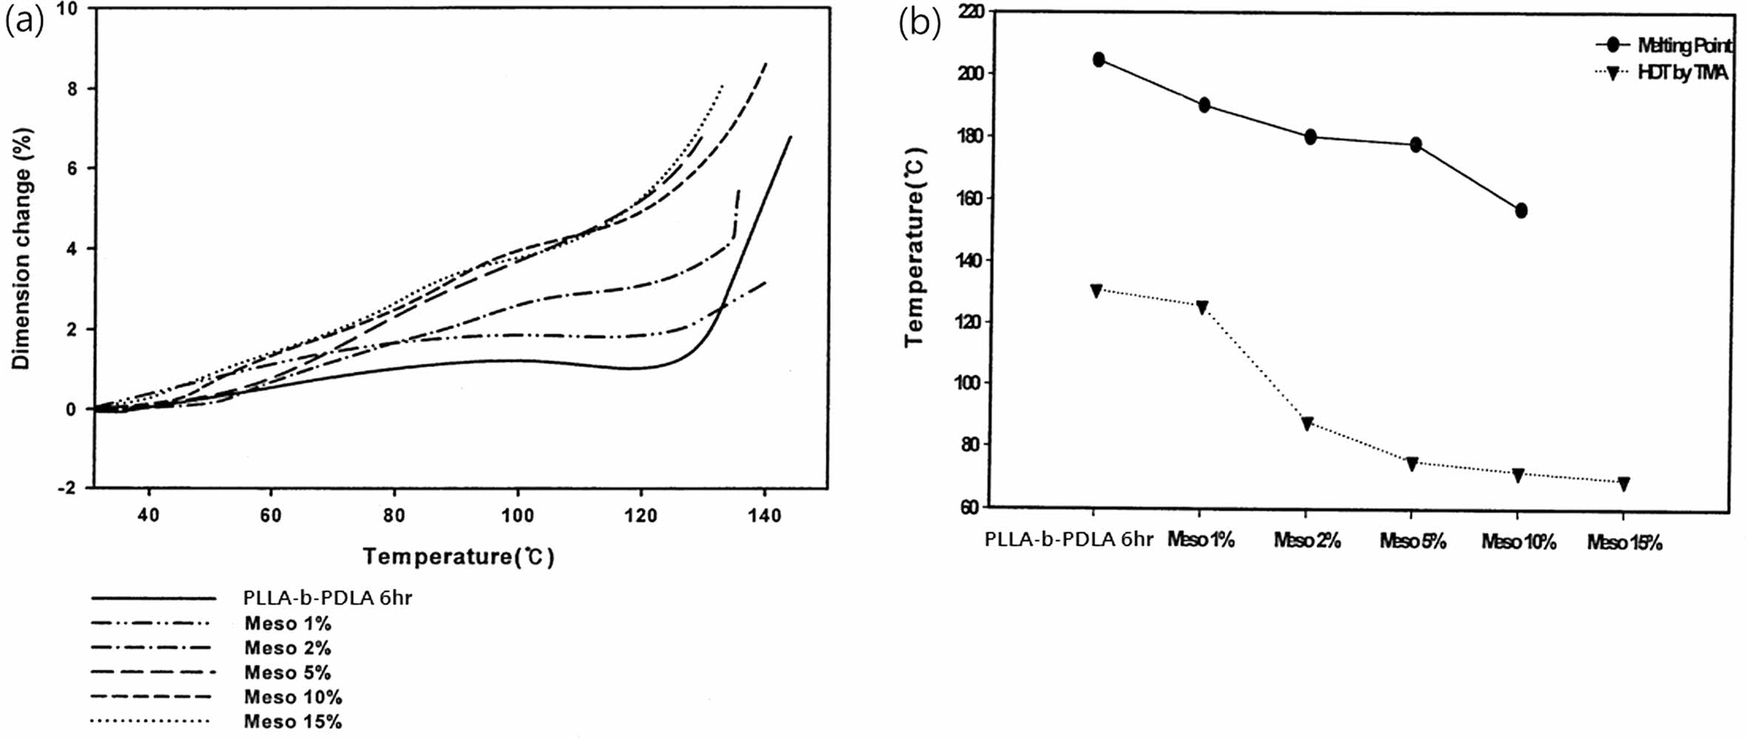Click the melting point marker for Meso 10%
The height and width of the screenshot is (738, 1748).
tap(1521, 211)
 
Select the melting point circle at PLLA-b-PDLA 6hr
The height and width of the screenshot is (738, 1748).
tap(1098, 60)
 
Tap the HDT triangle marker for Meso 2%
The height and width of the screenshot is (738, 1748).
tap(1307, 423)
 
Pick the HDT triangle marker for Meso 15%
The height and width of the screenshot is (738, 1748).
tap(1624, 483)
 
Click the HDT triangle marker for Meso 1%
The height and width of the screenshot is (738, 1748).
tap(1202, 307)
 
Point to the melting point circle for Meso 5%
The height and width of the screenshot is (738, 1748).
tap(1415, 145)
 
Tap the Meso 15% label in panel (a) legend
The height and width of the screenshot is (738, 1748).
tap(293, 722)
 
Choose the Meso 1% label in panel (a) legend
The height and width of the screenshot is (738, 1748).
tap(288, 624)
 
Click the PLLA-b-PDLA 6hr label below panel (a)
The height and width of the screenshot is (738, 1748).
tap(327, 598)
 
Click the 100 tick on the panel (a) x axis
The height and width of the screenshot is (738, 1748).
tap(517, 515)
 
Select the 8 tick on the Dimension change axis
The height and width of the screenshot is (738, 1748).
tap(72, 89)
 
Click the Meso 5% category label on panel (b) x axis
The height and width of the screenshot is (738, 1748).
tap(1413, 542)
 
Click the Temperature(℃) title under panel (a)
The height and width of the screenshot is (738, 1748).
tap(458, 557)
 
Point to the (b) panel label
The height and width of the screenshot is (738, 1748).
tap(919, 23)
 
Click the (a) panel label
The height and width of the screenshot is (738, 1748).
tap(24, 23)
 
